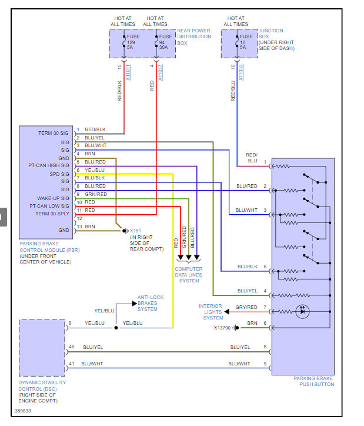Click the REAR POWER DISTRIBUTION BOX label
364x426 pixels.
click(194, 37)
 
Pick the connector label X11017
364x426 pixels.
click(160, 72)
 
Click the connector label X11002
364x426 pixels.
click(242, 72)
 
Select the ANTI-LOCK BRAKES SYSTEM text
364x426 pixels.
click(151, 303)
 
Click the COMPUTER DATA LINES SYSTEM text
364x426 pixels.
click(189, 275)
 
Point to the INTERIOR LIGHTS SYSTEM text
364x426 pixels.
click(211, 312)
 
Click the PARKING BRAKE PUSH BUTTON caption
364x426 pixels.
click(313, 381)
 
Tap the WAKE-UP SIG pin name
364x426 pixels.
click(54, 198)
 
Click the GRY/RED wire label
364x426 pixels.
click(246, 307)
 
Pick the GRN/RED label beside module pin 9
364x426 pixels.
click(96, 194)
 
